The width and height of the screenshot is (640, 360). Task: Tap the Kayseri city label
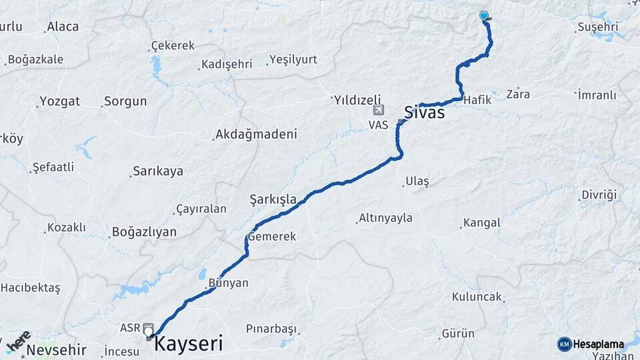[189, 343]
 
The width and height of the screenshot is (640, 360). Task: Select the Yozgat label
[60, 101]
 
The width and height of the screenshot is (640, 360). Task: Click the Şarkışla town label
[272, 199]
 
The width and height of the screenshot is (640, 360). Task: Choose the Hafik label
[477, 99]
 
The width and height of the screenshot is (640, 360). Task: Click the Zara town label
[518, 94]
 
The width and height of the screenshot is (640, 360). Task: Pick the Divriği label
[599, 195]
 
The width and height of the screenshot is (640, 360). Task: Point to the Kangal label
[481, 223]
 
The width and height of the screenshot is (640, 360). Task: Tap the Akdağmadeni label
[255, 135]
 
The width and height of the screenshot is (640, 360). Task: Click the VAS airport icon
[379, 110]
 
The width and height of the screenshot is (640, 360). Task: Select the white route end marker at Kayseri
[149, 332]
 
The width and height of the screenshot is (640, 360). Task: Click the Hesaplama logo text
[597, 344]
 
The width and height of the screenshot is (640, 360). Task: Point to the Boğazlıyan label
[144, 232]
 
